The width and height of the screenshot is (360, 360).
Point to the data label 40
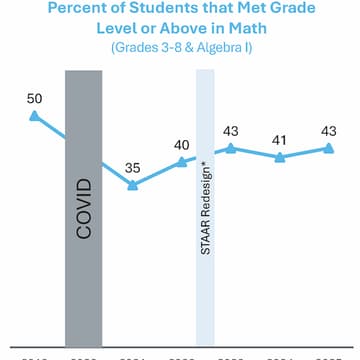coord(182,145)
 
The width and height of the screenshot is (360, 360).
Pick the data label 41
coord(280,139)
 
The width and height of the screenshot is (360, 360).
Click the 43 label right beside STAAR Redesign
coord(231,131)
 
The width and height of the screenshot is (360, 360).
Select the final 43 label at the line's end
coord(329,131)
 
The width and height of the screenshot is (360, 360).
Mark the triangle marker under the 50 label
coord(35,117)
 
